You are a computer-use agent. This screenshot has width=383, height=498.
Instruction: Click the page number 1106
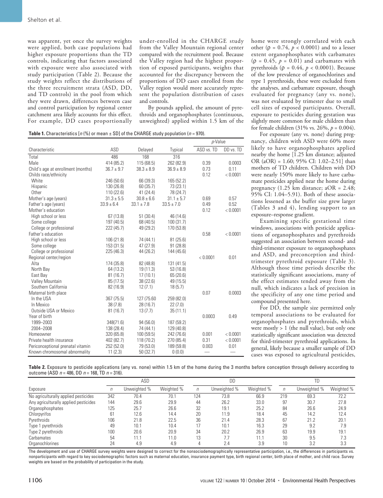(x=35, y=480)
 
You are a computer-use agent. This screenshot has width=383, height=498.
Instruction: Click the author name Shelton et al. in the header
(x=44, y=19)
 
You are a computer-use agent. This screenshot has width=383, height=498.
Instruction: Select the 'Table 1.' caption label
(x=37, y=133)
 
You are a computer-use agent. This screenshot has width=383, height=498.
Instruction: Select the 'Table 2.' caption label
(x=37, y=367)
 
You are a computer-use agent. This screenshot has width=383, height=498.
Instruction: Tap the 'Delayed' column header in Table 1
(x=146, y=149)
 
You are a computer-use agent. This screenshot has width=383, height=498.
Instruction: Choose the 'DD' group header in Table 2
(x=232, y=381)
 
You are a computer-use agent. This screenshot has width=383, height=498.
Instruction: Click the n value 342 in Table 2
(x=111, y=396)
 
